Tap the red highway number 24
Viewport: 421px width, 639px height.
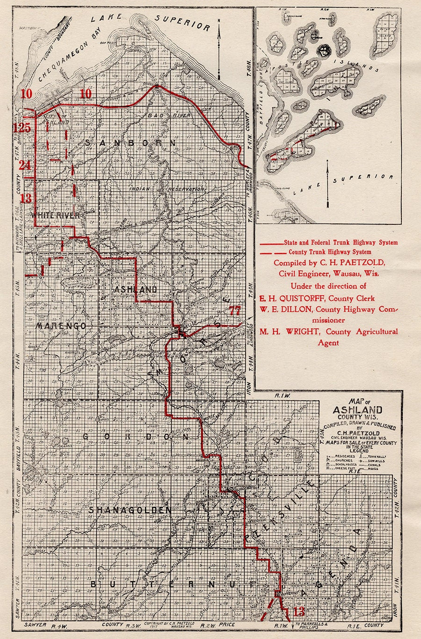(x=25, y=165)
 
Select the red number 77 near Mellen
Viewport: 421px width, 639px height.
(x=235, y=310)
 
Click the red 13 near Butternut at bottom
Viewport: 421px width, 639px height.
(x=298, y=611)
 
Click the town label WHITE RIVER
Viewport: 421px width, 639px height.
(x=55, y=215)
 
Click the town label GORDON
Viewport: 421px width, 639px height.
(x=136, y=437)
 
